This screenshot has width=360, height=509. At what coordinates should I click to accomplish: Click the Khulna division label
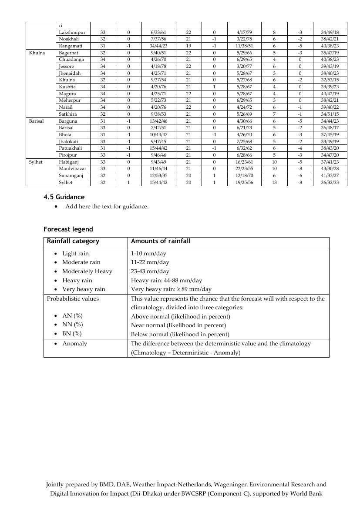coord(37,53)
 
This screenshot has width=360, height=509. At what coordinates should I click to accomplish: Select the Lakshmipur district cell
coord(72,32)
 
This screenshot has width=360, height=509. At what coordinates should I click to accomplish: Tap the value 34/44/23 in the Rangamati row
coord(158,46)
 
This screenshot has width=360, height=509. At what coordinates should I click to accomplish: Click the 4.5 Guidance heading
coord(64,197)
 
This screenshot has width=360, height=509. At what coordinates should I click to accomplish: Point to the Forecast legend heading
coord(68,229)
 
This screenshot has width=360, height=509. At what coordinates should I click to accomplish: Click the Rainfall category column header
coord(73,241)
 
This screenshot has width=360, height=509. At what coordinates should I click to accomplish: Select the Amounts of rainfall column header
coord(161,241)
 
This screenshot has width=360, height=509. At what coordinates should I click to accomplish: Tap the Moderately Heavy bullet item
coord(87,271)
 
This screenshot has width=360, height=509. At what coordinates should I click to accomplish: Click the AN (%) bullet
coord(72,316)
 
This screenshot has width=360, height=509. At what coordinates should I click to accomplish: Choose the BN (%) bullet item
coord(72,334)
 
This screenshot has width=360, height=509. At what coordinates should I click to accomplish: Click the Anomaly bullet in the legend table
coord(74,344)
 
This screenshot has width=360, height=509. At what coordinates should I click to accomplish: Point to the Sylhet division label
coord(36,162)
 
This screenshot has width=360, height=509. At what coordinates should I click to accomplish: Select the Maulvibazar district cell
coord(72,169)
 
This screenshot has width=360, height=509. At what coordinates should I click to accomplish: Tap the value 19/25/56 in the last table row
coord(245,183)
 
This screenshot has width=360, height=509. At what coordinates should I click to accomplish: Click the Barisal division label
coord(36,121)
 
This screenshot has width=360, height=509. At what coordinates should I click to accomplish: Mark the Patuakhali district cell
coord(72,148)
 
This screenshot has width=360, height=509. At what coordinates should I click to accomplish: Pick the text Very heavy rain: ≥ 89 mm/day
coord(171,289)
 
